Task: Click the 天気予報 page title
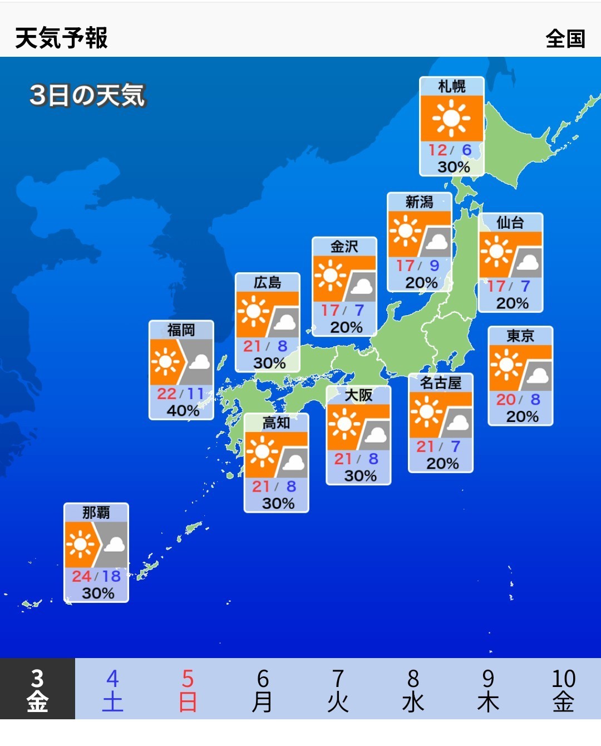61,38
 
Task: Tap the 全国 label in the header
565,39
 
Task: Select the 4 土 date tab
112,690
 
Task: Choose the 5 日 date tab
188,690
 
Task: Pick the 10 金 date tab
563,690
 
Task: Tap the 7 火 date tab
338,690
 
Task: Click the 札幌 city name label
451,86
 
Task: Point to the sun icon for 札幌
451,118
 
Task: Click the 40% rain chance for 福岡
183,411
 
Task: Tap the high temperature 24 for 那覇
81,576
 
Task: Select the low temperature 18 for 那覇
111,576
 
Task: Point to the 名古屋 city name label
440,383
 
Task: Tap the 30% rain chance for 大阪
360,476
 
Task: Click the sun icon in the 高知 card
262,451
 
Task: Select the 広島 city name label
267,283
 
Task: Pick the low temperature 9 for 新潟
434,266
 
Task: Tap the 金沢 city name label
344,247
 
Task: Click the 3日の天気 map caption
87,95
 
